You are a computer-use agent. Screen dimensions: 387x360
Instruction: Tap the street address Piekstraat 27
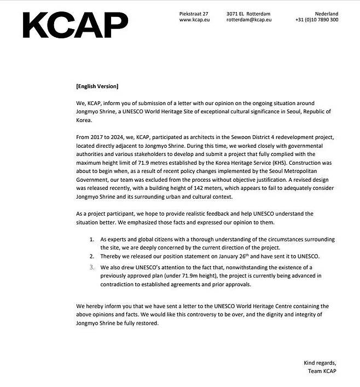point(194,13)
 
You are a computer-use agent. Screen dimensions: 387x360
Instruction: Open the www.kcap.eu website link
point(194,20)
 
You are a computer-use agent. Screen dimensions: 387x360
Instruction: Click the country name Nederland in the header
point(326,13)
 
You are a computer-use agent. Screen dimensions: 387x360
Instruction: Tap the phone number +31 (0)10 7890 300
point(317,20)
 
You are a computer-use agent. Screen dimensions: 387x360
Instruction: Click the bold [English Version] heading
point(97,86)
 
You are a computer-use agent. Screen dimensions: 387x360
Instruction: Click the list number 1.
point(91,240)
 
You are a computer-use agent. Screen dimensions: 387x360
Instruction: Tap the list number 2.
point(91,256)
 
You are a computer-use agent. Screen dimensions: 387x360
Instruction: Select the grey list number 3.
point(91,267)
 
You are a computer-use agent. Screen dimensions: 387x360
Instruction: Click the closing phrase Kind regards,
point(321,363)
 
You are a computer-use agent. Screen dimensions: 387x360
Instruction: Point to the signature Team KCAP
point(323,372)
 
